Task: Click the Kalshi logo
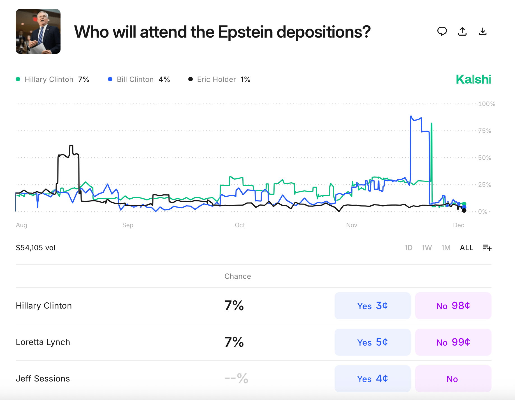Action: tap(473, 79)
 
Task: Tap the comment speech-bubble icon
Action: tap(442, 31)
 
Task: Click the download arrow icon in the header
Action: tap(482, 31)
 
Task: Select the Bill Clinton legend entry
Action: tap(139, 79)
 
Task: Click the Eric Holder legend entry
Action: tap(219, 79)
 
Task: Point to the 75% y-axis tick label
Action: tap(484, 131)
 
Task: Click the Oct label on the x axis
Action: tap(240, 225)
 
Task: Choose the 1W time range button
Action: tap(426, 248)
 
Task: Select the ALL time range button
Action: tap(466, 248)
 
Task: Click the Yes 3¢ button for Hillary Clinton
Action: tap(372, 305)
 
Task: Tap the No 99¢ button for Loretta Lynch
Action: tap(453, 342)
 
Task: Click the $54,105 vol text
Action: tap(36, 248)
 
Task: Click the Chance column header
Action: tap(238, 276)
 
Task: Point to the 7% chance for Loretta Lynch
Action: tap(234, 342)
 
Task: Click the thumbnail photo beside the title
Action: tap(38, 31)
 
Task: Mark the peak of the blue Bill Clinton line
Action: tap(411, 116)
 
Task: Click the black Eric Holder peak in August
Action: tap(71, 145)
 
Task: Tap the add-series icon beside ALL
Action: tap(487, 248)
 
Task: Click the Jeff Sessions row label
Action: tap(43, 378)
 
